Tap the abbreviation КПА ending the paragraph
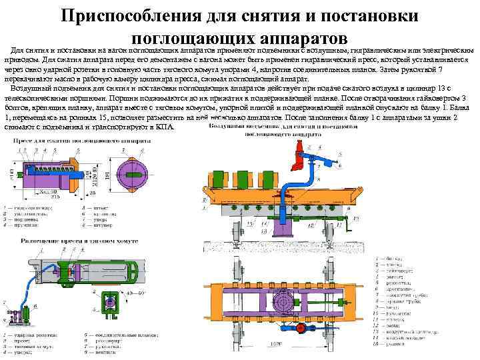click(x=165, y=126)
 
